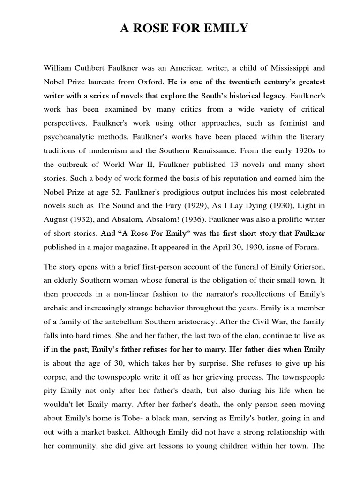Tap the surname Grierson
tap(304, 267)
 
